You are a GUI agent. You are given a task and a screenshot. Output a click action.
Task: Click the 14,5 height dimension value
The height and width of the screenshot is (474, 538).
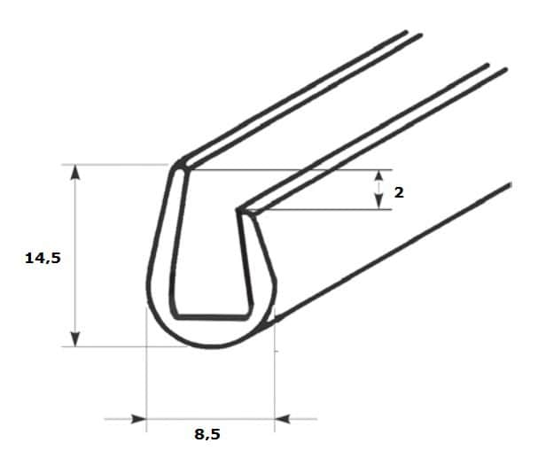point(43,258)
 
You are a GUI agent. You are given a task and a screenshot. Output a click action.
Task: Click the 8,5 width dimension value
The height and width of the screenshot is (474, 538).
point(207,434)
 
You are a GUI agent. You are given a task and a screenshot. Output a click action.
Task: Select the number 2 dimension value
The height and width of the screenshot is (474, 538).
point(399,193)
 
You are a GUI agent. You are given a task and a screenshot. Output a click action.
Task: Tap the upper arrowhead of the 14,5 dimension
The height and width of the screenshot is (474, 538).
point(75,172)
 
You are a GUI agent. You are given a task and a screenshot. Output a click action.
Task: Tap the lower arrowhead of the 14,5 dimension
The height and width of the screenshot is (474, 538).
point(75,338)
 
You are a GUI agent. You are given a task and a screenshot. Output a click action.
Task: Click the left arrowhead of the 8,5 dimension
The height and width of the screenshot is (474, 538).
point(139,419)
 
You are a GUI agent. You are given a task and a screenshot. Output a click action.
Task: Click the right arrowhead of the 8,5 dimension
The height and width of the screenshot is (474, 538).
point(282,419)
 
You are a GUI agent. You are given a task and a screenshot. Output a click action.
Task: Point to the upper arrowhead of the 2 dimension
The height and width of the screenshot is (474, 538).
point(378,175)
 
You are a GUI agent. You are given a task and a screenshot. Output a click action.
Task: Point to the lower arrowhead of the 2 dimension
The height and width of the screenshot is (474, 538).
point(378,202)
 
